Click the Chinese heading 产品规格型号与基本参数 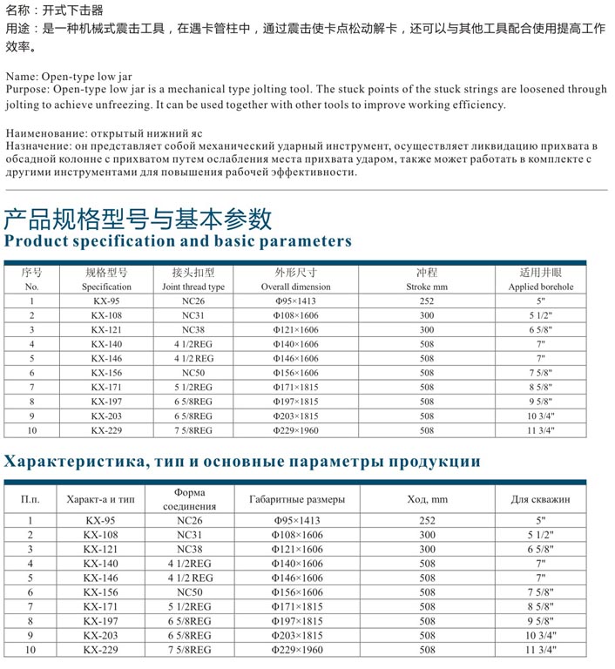pos(138,218)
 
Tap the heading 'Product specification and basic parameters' pos(178,241)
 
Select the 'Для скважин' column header pos(540,499)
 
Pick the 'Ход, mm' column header pos(427,499)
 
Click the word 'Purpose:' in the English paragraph pos(27,90)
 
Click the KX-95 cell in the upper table pos(106,301)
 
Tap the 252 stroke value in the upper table pos(426,301)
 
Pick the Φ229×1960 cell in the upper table pos(296,430)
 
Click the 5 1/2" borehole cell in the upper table pos(541,315)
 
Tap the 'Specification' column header pos(106,287)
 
